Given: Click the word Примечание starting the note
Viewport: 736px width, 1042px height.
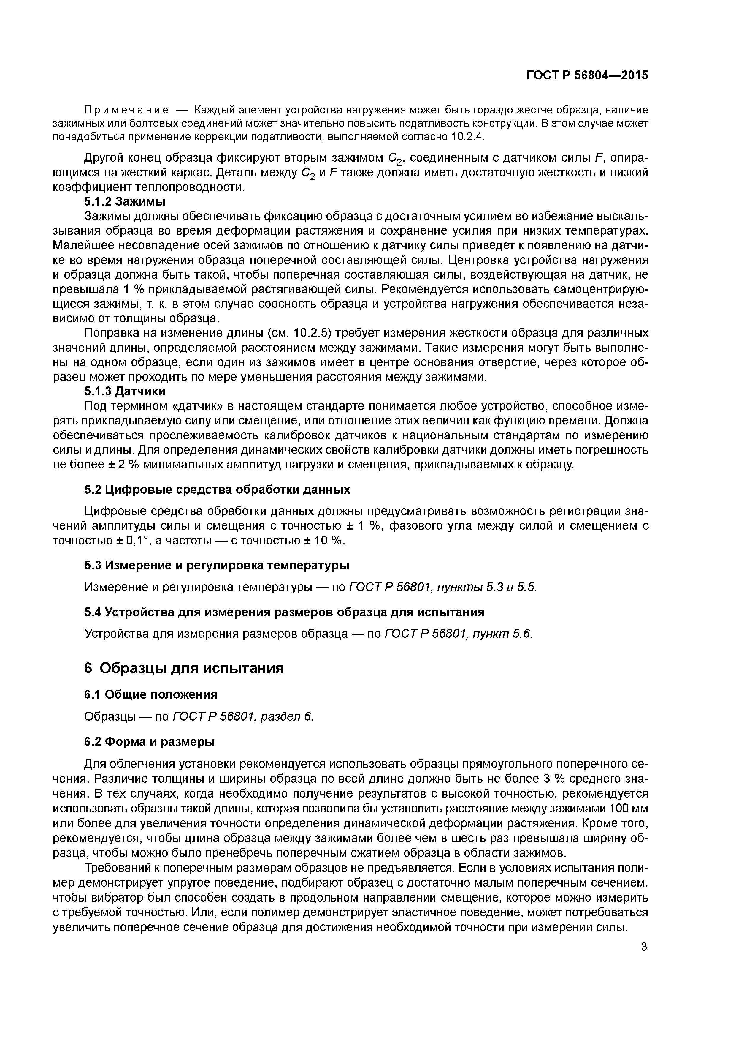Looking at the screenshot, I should click(x=126, y=110).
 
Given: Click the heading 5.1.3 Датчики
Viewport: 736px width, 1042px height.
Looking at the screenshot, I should click(x=125, y=391).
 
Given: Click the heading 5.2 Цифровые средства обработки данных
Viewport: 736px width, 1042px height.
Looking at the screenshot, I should click(x=217, y=490).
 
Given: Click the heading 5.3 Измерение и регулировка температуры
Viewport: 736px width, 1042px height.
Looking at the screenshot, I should click(x=217, y=566).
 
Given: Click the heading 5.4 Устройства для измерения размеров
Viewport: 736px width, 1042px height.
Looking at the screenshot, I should click(x=284, y=612).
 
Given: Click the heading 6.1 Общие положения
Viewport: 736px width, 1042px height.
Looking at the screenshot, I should click(x=151, y=694).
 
